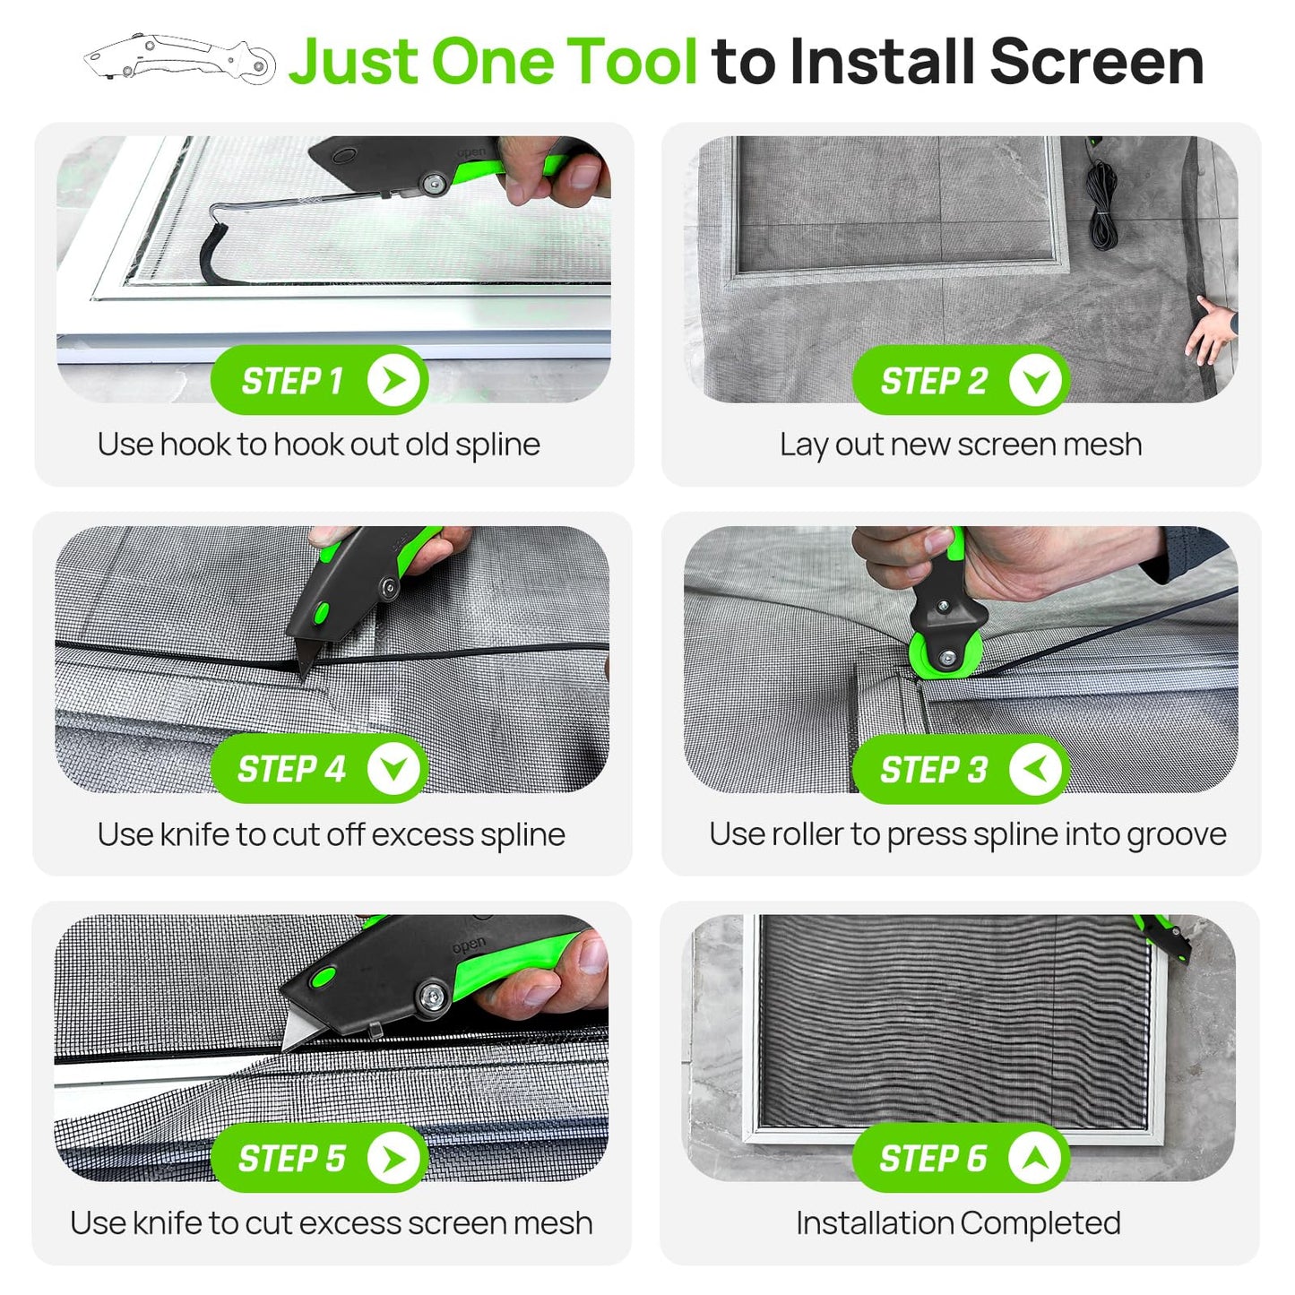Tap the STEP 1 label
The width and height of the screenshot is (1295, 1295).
292,381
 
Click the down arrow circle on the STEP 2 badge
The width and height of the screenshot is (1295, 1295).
1035,381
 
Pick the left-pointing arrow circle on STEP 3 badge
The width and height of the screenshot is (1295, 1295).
1035,769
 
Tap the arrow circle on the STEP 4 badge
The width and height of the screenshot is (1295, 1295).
393,769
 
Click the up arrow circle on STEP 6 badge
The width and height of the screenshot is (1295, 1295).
1035,1158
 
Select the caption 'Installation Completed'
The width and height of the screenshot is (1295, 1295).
958,1222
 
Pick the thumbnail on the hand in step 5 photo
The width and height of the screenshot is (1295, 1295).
591,955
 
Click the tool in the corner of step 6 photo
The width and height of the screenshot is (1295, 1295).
1165,937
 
